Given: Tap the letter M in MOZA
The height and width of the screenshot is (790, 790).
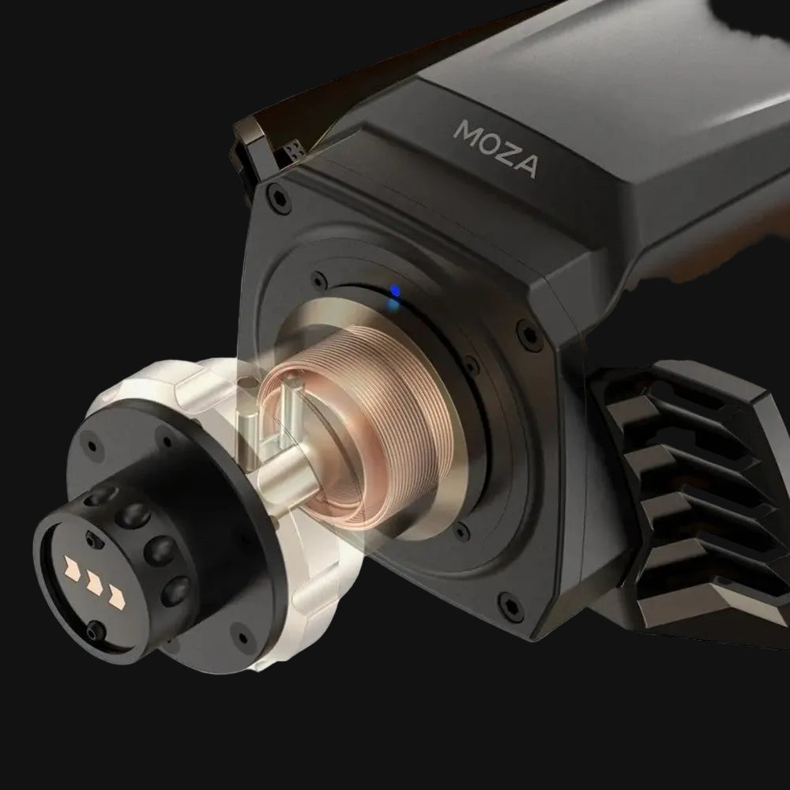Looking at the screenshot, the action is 465,131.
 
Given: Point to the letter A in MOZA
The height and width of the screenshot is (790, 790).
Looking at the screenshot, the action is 526,166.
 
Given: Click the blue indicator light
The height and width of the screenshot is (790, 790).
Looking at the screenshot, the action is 396,292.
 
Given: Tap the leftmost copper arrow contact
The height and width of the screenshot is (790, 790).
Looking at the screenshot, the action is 72,566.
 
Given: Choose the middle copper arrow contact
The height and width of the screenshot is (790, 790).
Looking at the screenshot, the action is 95,581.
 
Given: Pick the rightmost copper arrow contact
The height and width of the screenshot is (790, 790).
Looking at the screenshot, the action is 117,597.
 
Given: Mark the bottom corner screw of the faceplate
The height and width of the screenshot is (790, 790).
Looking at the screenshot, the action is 510,603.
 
